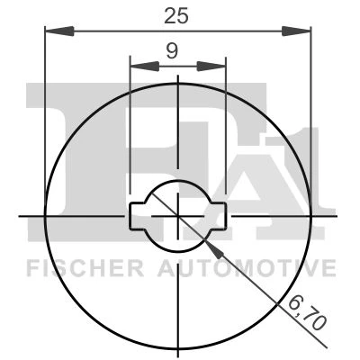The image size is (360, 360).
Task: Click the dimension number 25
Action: [x=176, y=15]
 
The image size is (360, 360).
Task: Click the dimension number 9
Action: [x=172, y=51]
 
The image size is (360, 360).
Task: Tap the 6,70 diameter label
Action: [x=307, y=315]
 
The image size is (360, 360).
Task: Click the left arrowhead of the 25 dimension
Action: [x=59, y=31]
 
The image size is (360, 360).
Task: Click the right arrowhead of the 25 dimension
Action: [x=296, y=31]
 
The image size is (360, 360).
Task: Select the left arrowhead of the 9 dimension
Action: [x=144, y=67]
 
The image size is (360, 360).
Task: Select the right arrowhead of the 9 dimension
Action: [x=211, y=67]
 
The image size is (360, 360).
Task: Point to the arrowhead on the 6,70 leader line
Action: [x=214, y=249]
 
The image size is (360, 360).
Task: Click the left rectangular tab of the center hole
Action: [x=138, y=216]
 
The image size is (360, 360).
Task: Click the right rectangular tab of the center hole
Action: [x=219, y=216]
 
